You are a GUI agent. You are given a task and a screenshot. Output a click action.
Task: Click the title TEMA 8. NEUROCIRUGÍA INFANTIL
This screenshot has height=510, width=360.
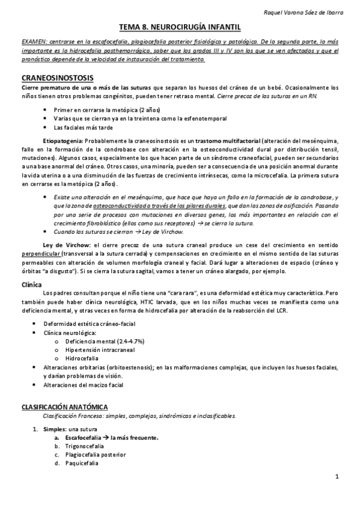click(180, 27)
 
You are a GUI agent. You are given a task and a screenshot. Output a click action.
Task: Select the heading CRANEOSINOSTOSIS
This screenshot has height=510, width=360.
click(58, 79)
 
